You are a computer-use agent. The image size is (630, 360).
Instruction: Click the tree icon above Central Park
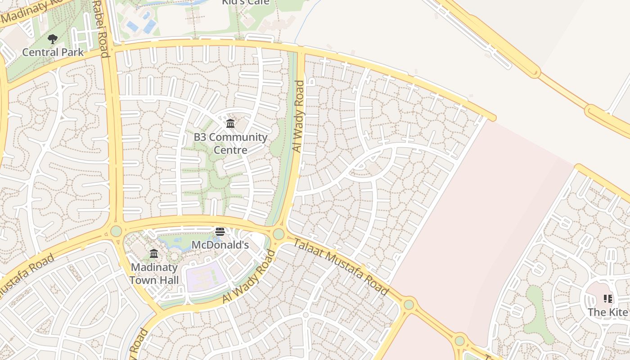(53, 39)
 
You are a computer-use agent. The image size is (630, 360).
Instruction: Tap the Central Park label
(53, 52)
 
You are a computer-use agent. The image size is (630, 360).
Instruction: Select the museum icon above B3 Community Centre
(230, 123)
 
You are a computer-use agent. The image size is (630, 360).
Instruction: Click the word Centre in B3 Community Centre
(230, 150)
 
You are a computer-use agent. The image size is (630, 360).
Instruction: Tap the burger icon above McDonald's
(220, 232)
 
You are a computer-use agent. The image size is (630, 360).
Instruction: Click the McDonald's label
(220, 245)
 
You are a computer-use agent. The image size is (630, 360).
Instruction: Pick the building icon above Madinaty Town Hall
(154, 253)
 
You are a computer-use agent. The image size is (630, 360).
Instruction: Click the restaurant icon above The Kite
(608, 299)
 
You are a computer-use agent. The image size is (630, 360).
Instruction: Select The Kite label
(607, 312)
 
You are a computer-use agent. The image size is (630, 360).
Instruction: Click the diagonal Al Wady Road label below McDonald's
(249, 277)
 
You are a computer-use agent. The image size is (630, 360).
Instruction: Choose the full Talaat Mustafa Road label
(340, 267)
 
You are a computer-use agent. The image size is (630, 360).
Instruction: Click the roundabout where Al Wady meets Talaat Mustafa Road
(279, 234)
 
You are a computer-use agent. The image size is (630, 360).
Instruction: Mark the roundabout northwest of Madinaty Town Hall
(116, 231)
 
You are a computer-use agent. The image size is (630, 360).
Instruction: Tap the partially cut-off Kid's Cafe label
(246, 2)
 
